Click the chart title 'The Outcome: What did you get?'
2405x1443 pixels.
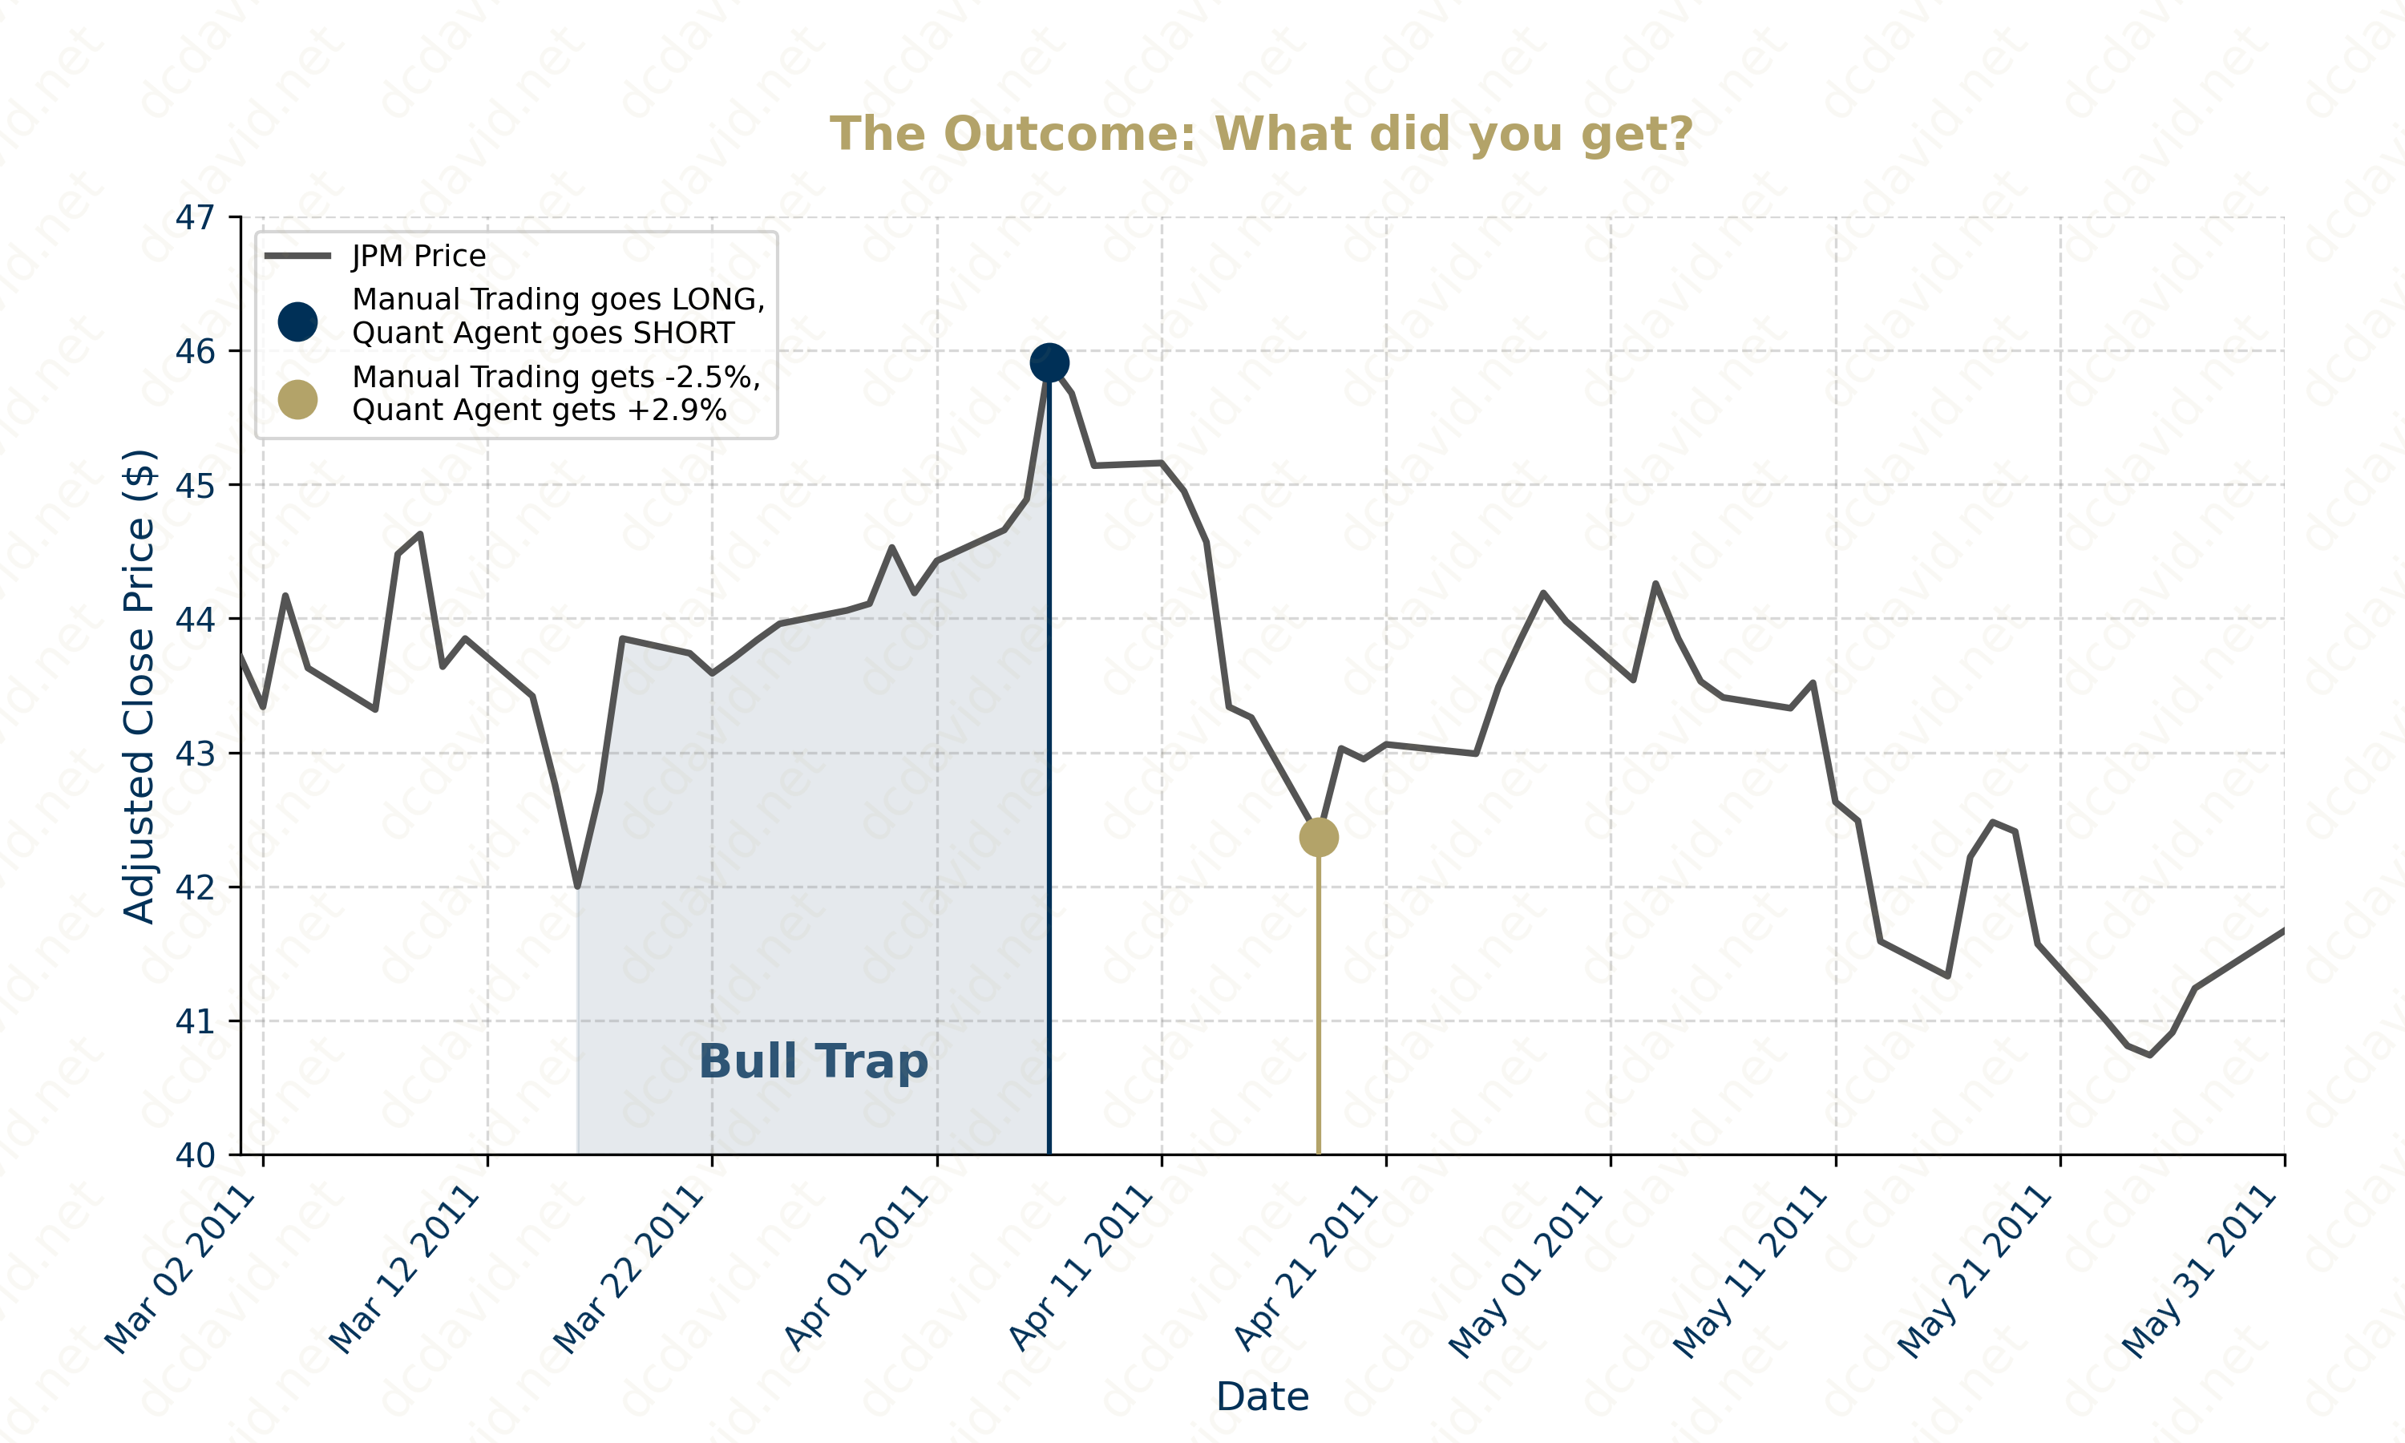pos(1261,134)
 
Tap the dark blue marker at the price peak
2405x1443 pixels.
pos(1049,362)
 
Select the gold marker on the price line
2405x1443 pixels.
pos(1318,836)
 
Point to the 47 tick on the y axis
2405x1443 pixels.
pos(195,218)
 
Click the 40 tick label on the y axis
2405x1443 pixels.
pos(195,1155)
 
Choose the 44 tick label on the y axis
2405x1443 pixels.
pos(195,620)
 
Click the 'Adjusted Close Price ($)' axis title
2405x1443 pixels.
pos(139,685)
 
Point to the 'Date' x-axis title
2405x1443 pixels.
pos(1262,1397)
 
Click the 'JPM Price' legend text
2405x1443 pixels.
pos(418,256)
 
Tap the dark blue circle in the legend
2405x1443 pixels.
pos(297,321)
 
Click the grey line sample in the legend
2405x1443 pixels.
pos(297,256)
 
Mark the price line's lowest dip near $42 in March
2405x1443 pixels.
pos(577,885)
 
